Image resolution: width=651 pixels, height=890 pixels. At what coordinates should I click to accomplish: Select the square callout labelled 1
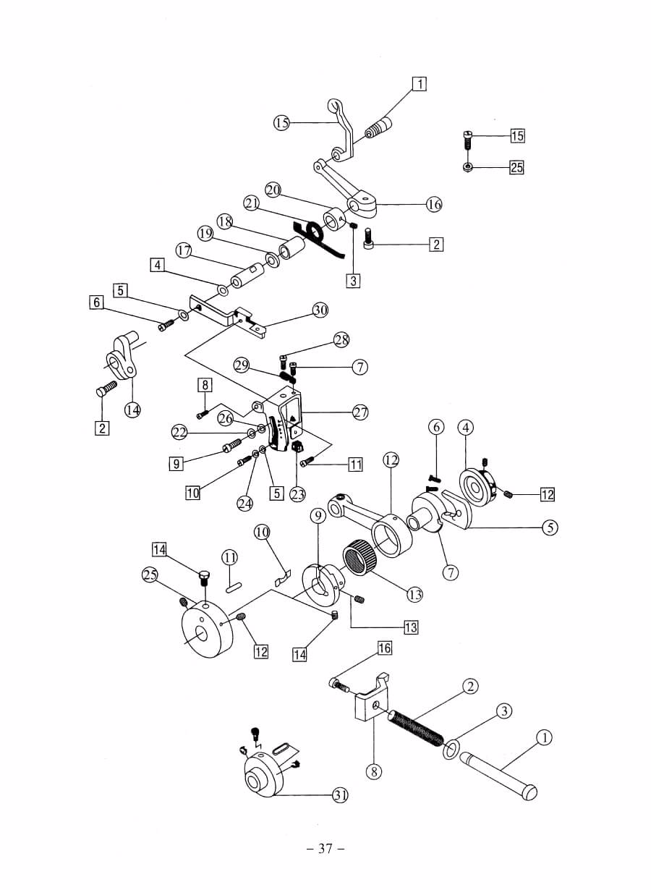click(420, 84)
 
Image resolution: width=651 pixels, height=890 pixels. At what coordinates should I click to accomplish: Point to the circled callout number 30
click(320, 310)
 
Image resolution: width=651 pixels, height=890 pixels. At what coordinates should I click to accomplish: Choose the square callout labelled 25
click(516, 167)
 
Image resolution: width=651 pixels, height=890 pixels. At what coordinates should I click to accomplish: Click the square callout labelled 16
click(384, 648)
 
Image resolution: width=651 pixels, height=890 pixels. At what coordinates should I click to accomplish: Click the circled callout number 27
click(360, 412)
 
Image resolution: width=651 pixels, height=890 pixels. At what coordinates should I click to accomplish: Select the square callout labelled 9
click(176, 464)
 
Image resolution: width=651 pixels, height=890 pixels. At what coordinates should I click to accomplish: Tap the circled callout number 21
click(251, 203)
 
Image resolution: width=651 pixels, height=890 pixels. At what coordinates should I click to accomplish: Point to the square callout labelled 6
click(96, 302)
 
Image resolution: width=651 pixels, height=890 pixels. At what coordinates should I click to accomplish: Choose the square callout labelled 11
click(355, 464)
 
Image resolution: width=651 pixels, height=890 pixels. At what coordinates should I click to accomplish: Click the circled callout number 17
click(184, 251)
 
